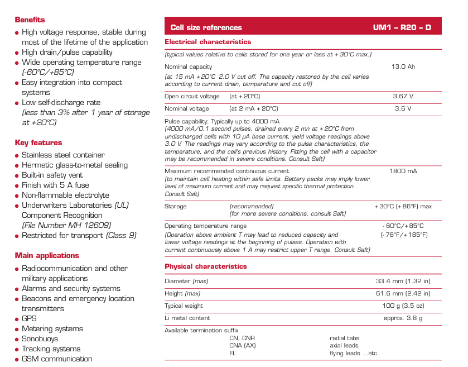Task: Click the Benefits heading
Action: (x=30, y=20)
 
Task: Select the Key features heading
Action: (x=38, y=143)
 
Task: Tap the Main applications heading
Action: (x=47, y=256)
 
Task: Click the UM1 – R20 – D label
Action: (x=402, y=27)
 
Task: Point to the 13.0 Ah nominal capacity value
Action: (x=403, y=67)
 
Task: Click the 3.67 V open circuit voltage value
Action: (x=403, y=96)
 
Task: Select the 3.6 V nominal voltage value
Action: (x=403, y=109)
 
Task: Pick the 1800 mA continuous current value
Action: (x=403, y=171)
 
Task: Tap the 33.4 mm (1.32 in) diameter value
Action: (x=403, y=281)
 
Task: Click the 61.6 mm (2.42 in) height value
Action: (x=403, y=293)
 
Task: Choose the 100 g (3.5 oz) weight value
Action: (x=403, y=306)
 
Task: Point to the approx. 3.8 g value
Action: (x=403, y=318)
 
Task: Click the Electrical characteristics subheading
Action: (x=208, y=42)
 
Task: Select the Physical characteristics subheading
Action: (x=205, y=266)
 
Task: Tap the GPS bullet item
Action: (x=29, y=319)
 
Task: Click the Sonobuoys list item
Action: (x=40, y=339)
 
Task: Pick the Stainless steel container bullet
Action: (x=63, y=155)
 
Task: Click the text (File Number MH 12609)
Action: (x=66, y=226)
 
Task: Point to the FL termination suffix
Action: (x=233, y=354)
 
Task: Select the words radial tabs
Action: (x=345, y=339)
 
